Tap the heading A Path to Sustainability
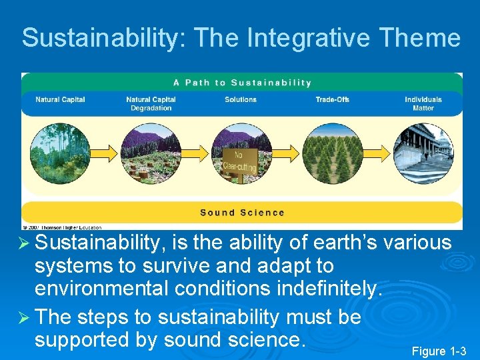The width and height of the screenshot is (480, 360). (242, 83)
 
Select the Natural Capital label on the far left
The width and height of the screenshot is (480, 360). (60, 100)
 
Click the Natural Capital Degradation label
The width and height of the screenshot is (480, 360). (151, 104)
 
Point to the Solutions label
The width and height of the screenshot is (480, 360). (241, 100)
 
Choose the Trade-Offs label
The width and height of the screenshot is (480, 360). (332, 100)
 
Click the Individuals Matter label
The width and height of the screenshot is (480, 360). (423, 104)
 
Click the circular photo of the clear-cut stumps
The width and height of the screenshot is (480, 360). (151, 154)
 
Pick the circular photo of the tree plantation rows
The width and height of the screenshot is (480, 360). (333, 154)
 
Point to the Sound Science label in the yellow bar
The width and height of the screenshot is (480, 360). (242, 213)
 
